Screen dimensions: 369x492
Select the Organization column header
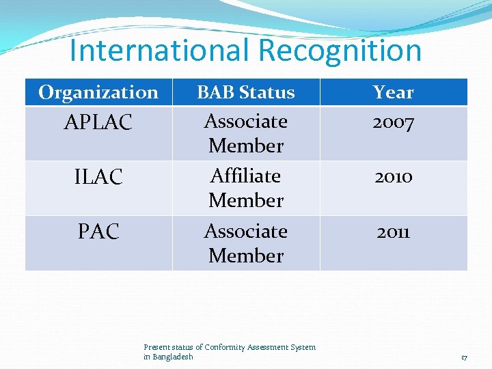(x=98, y=92)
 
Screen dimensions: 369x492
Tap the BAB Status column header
(x=246, y=92)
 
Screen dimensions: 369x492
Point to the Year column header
(x=394, y=92)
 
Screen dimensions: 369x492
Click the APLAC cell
(x=98, y=123)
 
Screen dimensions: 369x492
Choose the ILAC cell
(x=98, y=178)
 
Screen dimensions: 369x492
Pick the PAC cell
(x=98, y=232)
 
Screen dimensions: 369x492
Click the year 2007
(x=394, y=123)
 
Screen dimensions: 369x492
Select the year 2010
(x=394, y=177)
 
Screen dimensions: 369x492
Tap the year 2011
(x=394, y=232)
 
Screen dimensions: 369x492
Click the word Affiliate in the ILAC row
(x=246, y=176)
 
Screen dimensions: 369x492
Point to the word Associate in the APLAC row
(x=246, y=122)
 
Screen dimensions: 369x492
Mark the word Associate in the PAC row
(x=246, y=232)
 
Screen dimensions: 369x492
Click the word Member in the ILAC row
(x=246, y=201)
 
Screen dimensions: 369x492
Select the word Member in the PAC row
(x=246, y=256)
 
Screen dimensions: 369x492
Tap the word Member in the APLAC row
(x=246, y=146)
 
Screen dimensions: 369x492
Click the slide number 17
(x=464, y=357)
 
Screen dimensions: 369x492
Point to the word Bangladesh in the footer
(x=173, y=357)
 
